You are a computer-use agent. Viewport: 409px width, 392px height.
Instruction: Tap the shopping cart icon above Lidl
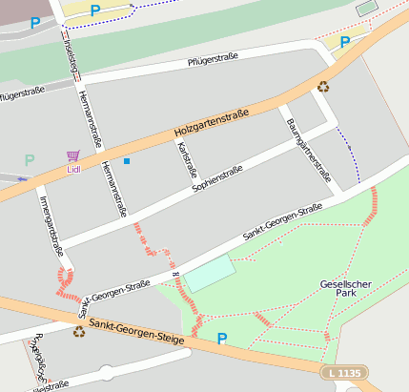pos(73,155)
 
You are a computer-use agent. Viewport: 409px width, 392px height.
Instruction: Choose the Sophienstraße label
pos(217,177)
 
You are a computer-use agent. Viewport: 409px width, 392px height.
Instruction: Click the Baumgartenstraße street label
pos(308,145)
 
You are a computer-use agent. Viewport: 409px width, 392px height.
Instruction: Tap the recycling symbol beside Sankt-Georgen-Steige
pos(78,332)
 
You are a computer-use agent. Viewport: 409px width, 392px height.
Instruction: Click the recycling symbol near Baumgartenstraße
pos(323,87)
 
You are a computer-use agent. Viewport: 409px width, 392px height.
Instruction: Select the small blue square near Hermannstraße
pos(126,161)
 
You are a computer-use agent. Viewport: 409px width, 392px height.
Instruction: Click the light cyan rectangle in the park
pos(208,274)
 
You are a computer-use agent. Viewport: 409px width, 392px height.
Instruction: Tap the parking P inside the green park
pos(222,338)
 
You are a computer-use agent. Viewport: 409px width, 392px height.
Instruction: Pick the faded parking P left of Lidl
pos(30,160)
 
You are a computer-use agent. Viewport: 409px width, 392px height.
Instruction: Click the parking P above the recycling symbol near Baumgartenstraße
pos(345,42)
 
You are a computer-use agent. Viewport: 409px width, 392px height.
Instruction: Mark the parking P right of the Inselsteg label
pos(94,10)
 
